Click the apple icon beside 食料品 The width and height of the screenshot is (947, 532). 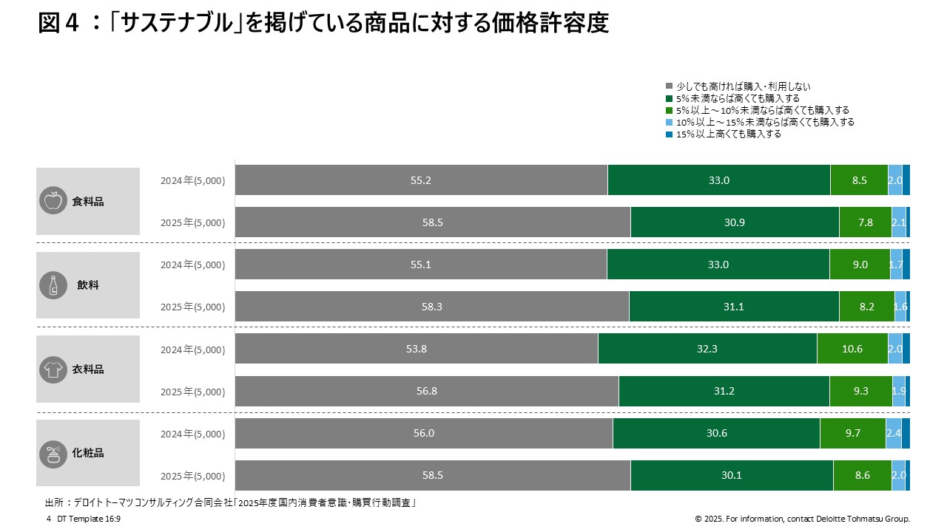click(53, 201)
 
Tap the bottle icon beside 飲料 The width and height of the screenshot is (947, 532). click(53, 285)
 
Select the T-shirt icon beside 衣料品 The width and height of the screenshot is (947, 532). click(53, 369)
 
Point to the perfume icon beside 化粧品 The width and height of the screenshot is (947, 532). click(53, 453)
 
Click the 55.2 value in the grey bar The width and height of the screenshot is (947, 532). click(420, 180)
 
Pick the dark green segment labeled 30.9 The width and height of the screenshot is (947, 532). click(734, 222)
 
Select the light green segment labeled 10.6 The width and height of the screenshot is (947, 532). click(852, 349)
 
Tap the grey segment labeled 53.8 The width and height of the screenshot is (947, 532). click(417, 349)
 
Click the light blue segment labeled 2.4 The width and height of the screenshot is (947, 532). click(893, 433)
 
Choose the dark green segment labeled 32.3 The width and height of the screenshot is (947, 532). click(707, 349)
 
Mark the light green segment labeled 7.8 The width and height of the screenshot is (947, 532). click(865, 222)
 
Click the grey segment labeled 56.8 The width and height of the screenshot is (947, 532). click(427, 391)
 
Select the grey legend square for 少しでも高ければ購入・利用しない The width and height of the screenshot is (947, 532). click(670, 86)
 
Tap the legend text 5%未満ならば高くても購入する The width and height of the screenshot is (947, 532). click(738, 98)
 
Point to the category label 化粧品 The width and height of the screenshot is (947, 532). click(88, 453)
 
